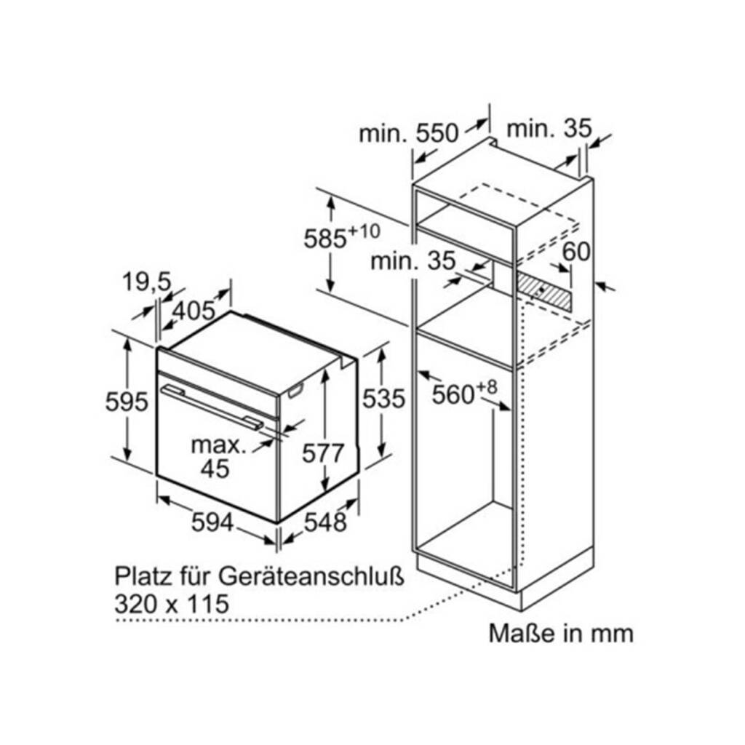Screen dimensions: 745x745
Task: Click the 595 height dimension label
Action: [127, 402]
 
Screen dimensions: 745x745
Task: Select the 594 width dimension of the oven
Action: [212, 522]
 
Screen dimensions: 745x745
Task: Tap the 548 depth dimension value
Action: [325, 522]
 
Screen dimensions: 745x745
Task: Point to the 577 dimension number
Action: [322, 453]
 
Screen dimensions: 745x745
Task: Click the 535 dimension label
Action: [383, 398]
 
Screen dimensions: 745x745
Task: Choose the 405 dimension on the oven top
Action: [194, 311]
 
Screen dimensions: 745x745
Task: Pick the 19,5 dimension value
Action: [146, 282]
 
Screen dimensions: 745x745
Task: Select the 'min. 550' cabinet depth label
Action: [408, 133]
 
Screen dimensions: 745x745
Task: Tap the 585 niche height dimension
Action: [342, 236]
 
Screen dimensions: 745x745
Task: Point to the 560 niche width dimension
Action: [464, 392]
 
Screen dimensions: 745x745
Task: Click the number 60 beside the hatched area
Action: [576, 252]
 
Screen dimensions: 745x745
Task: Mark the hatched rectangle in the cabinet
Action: [545, 290]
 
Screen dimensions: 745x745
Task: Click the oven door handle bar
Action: [212, 407]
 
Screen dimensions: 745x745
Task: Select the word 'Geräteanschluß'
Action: [311, 577]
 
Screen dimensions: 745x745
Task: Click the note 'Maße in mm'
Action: [561, 634]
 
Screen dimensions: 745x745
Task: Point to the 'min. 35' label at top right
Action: [549, 128]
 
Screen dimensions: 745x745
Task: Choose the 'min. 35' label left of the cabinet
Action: [413, 261]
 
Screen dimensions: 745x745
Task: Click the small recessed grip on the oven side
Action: [295, 391]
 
